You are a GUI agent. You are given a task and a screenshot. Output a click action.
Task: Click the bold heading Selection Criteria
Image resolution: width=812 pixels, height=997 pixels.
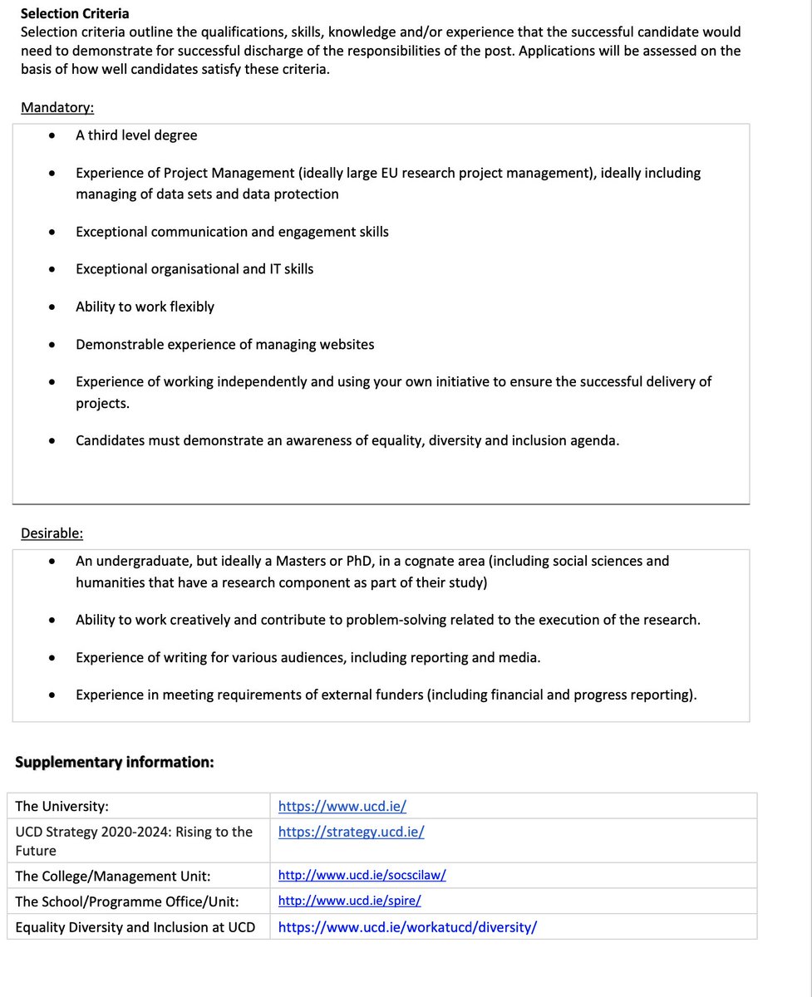(75, 14)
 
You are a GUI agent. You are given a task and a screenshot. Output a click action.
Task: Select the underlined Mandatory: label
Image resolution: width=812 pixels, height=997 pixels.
(57, 107)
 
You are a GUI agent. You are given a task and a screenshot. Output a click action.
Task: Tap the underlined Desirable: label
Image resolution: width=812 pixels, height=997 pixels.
(52, 533)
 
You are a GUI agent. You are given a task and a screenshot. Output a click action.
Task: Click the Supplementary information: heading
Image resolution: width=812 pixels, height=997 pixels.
(115, 761)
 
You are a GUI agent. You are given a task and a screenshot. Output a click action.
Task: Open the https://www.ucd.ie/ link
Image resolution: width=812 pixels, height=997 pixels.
(342, 806)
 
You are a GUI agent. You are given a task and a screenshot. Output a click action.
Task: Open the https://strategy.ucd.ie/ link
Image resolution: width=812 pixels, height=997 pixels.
(351, 832)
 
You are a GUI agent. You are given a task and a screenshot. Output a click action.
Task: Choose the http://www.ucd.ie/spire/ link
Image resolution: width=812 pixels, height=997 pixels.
(349, 901)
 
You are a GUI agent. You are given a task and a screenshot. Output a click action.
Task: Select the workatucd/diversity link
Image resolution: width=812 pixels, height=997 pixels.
(407, 927)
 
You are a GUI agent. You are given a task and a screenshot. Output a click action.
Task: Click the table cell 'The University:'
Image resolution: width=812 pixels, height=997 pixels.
(62, 806)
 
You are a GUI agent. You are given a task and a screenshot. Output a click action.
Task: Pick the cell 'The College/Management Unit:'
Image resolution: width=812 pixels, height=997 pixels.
(113, 876)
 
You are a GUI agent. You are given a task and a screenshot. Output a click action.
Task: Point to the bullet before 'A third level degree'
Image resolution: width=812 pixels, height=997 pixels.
(53, 135)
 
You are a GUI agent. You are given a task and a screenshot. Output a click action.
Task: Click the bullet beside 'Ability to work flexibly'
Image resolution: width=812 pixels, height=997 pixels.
(53, 307)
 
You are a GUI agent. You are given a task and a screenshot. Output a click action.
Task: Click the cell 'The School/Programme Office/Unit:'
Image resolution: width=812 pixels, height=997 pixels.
(127, 901)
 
